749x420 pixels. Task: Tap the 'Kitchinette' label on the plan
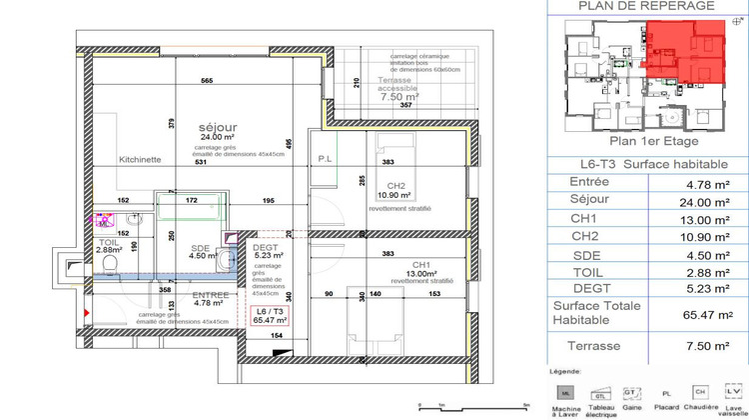pos(139,160)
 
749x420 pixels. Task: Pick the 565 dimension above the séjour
pos(208,81)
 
